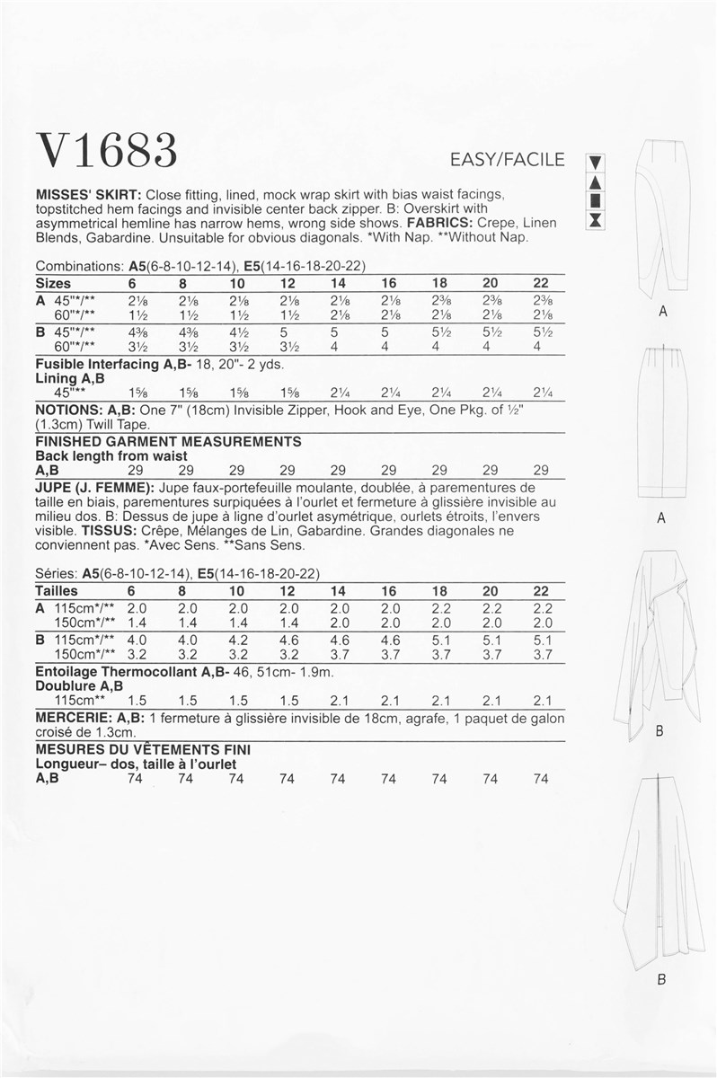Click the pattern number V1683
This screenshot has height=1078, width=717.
106,150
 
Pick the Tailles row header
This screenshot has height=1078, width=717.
56,591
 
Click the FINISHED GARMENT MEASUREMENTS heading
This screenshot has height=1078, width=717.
167,442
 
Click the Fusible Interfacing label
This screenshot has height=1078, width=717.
98,366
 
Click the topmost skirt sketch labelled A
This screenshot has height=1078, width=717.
662,220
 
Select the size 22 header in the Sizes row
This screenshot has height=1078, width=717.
541,282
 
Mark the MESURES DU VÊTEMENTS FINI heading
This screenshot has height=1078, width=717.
142,749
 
